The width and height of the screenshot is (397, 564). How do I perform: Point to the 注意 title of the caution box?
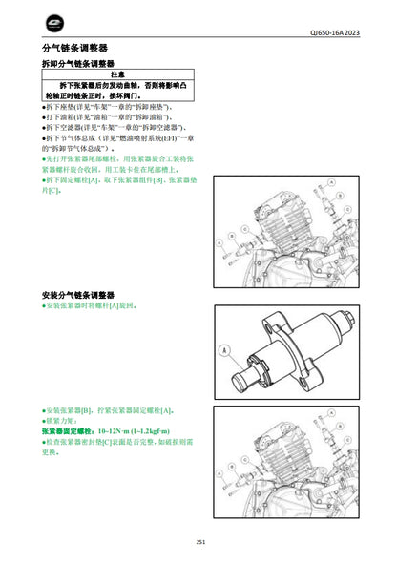[x=118, y=73]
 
